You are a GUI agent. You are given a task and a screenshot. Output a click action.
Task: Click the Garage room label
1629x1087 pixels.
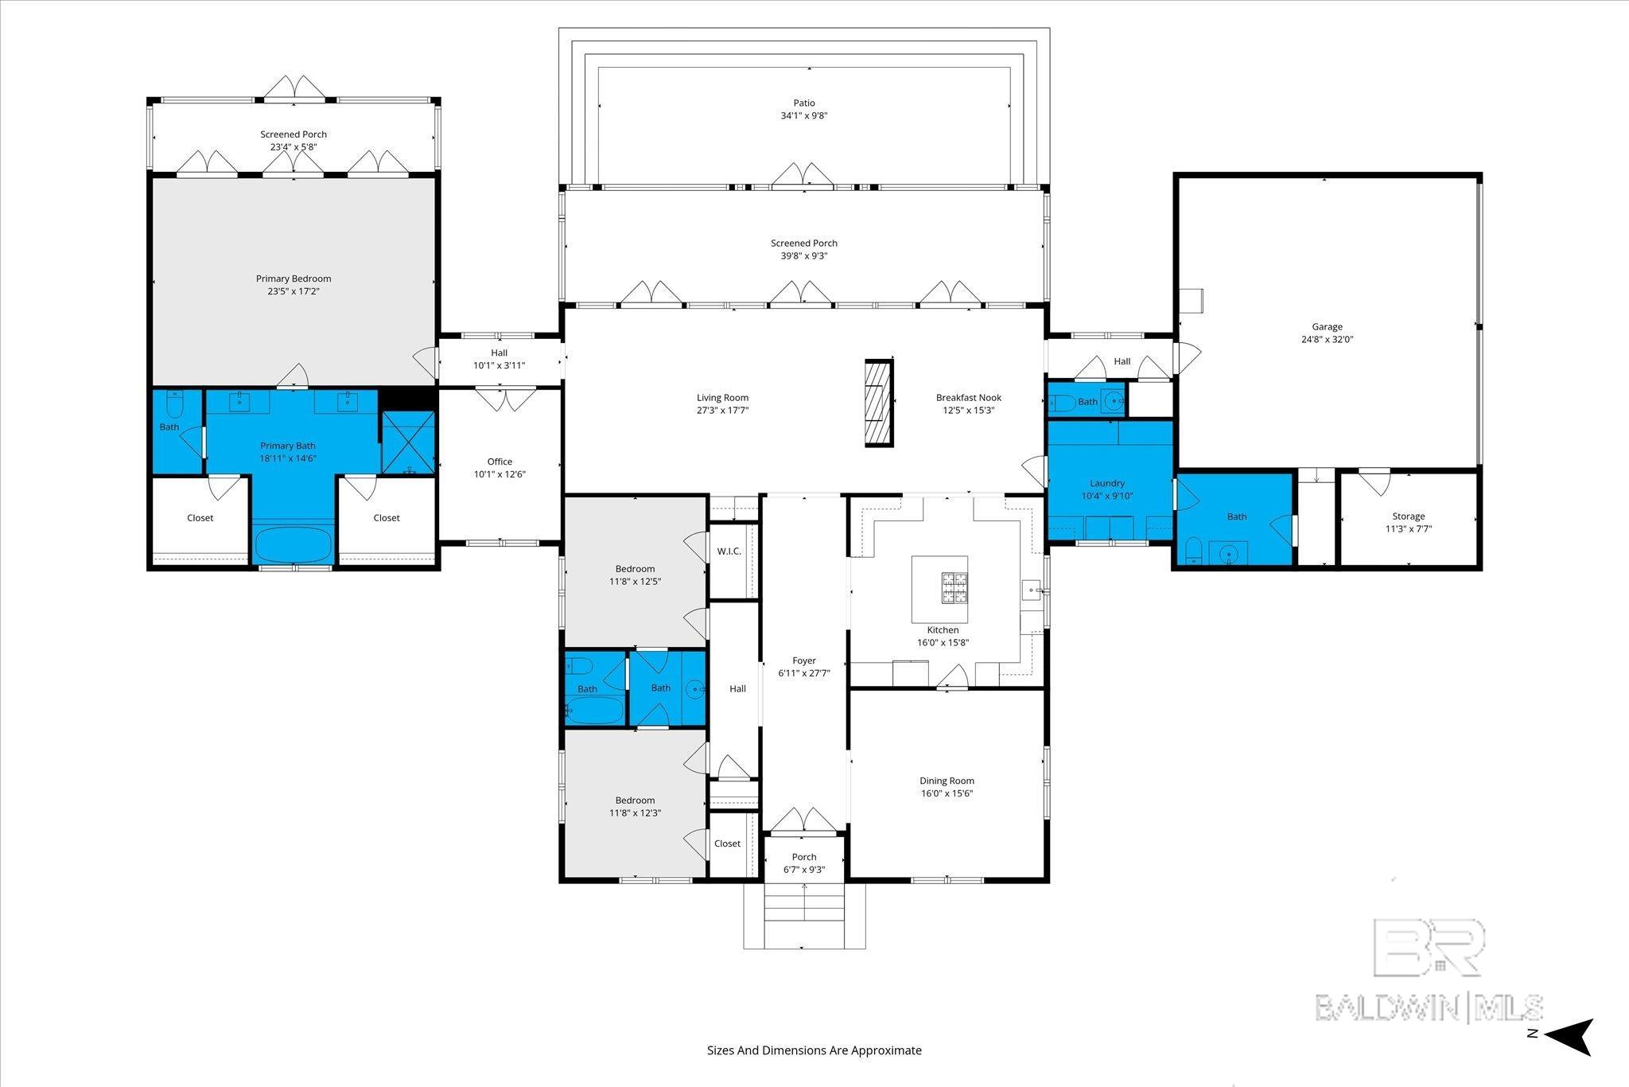coord(1327,326)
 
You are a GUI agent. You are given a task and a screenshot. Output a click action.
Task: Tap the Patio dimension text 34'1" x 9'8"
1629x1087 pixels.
coord(804,115)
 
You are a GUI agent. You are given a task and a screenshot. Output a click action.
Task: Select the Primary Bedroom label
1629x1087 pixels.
coord(294,279)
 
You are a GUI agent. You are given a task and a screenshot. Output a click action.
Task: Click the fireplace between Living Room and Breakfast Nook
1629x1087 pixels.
coord(879,403)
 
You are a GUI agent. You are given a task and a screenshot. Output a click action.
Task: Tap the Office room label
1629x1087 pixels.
coord(500,462)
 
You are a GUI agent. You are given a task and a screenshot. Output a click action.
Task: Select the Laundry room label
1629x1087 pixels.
coord(1107,483)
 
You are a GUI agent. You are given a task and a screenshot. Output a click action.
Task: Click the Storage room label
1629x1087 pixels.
coord(1409,516)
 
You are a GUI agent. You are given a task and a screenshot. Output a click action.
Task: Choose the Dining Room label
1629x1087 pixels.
coord(947,781)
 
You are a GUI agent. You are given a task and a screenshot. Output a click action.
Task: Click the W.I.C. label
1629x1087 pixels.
coord(729,551)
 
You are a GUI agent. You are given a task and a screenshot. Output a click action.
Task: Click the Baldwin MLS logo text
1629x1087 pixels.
coord(1429,1007)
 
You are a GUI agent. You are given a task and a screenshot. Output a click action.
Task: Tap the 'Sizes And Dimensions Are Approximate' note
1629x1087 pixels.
coord(814,1050)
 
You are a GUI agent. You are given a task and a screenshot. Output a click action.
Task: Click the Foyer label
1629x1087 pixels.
coord(804,660)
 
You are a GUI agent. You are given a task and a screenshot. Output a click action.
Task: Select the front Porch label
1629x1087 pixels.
coord(804,857)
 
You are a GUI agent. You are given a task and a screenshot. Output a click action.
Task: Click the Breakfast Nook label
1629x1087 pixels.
coord(968,397)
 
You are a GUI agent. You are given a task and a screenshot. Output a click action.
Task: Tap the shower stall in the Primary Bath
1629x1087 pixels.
coord(408,442)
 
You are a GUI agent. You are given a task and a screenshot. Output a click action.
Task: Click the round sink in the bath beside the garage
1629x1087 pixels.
coord(1228,553)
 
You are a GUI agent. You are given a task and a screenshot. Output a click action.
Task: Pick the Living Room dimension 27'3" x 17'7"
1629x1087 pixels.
coord(722,411)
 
